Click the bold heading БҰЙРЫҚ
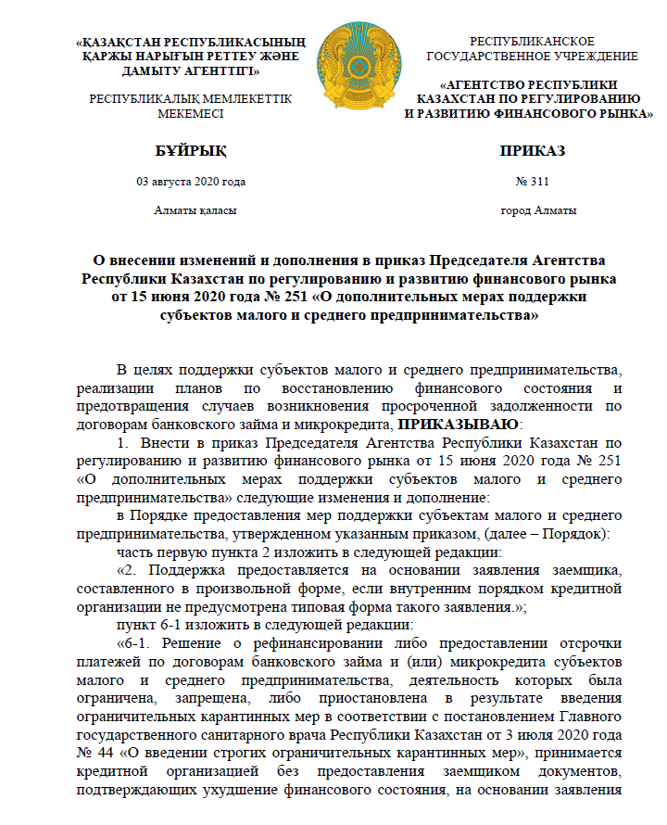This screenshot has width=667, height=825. [190, 150]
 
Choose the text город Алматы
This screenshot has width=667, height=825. [538, 210]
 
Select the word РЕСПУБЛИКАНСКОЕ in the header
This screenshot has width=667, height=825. [532, 42]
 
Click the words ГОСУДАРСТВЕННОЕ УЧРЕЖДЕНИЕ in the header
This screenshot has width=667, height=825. [532, 56]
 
